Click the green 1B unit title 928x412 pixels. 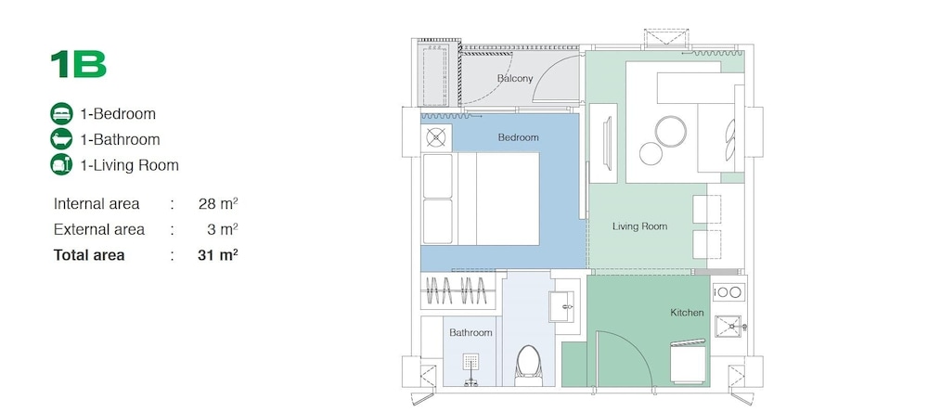coord(78,64)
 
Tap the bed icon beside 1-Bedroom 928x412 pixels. coord(61,113)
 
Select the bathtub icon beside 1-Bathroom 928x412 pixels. coord(61,139)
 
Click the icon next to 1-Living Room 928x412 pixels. coord(61,164)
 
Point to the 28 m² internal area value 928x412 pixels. coord(218,203)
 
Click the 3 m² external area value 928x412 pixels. coord(222,229)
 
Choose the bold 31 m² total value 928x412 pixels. coord(218,255)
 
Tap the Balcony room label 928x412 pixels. coord(515,78)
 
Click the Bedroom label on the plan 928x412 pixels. coord(519,137)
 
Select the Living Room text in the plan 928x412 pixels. coord(639,226)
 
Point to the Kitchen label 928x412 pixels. coord(687,312)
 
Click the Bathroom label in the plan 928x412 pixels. coord(470,333)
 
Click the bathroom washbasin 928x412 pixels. coord(562,306)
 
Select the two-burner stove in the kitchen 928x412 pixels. coord(728,291)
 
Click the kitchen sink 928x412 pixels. coord(730,327)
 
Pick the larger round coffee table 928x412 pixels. coord(671,132)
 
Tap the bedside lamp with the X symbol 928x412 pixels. coord(436,138)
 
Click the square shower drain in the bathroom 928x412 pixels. coord(471,362)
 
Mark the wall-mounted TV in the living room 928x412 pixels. coord(607,144)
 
